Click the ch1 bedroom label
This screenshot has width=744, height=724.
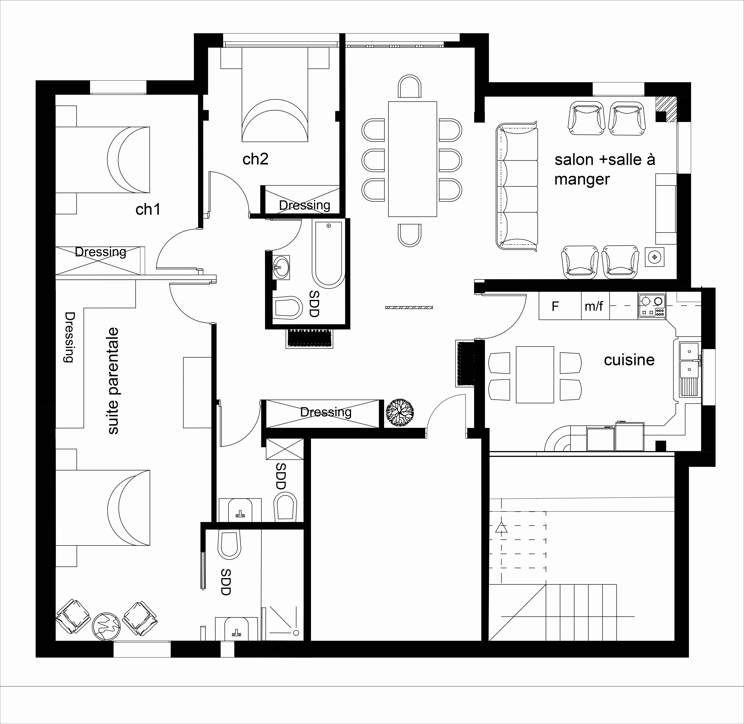coord(148,210)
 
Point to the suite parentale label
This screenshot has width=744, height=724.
coord(113,381)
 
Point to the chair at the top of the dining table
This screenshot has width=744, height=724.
coord(410,86)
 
